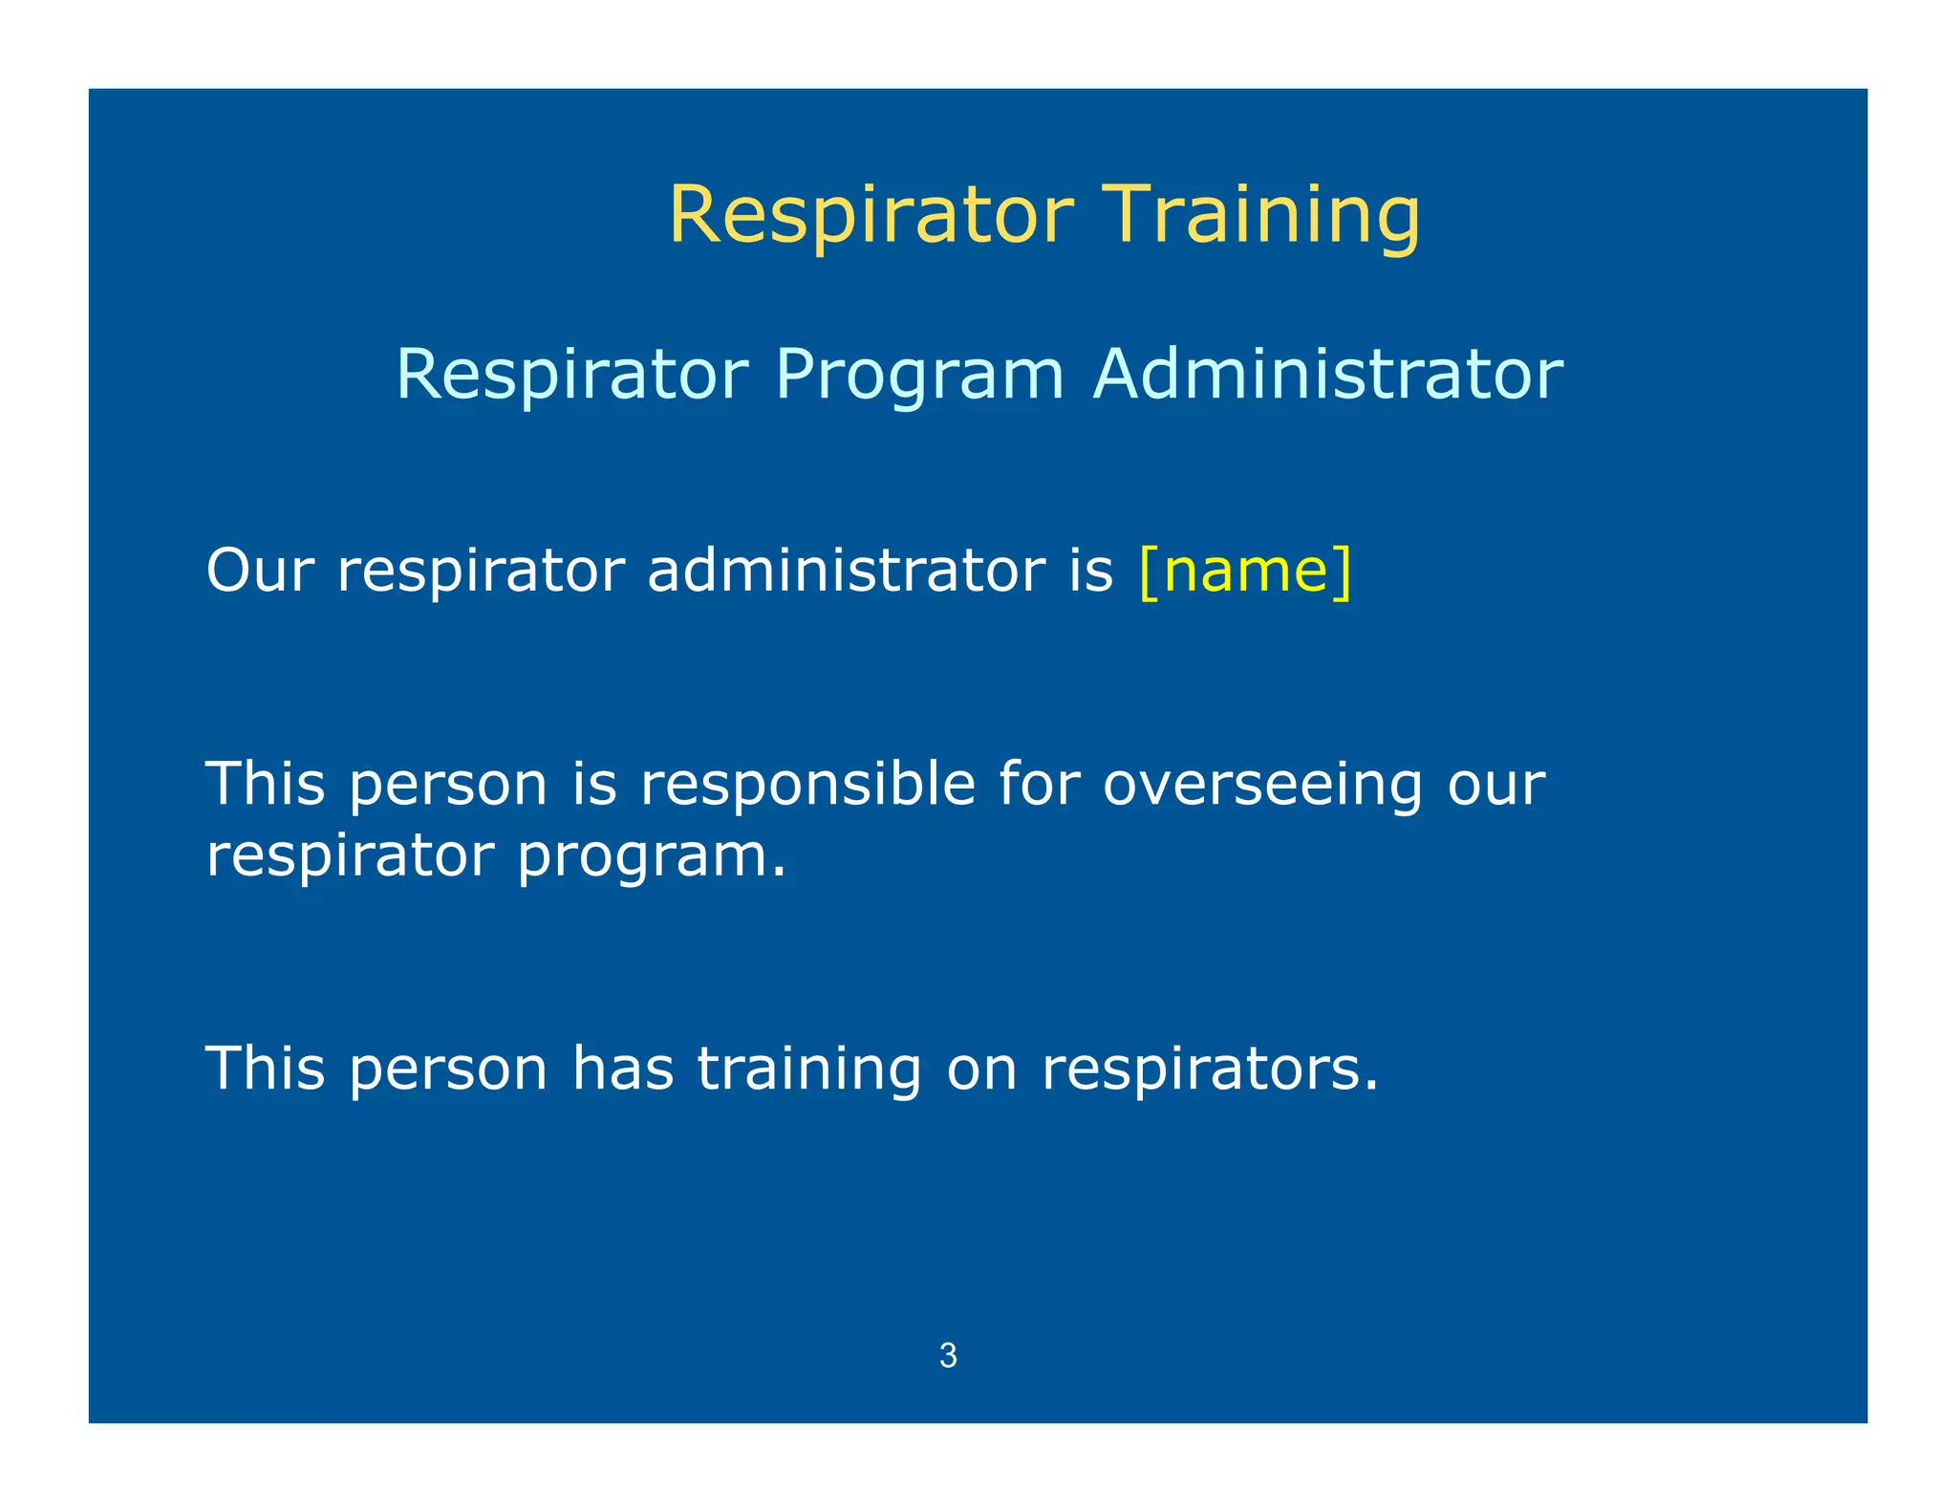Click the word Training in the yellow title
(1262, 215)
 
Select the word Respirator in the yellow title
(871, 215)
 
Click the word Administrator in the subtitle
(1327, 374)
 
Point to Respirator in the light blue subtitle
(571, 374)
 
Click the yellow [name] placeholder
(1245, 571)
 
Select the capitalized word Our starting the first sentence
(260, 571)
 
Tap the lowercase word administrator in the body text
(847, 571)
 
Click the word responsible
(807, 785)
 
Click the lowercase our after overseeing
(1495, 785)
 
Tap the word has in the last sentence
(622, 1069)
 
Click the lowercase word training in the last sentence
(809, 1069)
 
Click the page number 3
(948, 1355)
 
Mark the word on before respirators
(981, 1069)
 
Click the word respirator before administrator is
(481, 571)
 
